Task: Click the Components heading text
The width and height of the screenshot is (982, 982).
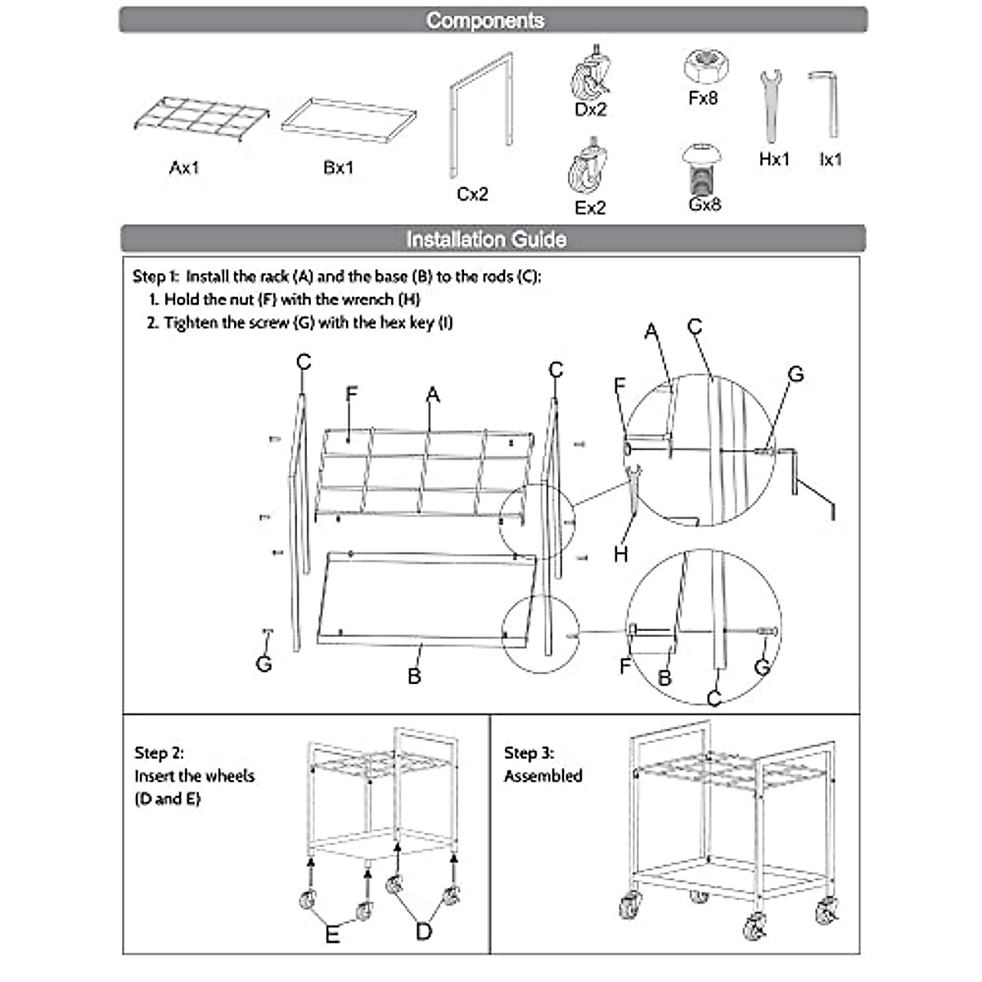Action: point(485,20)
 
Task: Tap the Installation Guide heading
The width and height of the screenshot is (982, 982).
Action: point(486,239)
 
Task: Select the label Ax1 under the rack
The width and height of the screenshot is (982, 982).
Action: point(184,168)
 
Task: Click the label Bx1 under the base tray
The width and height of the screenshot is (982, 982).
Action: point(339,168)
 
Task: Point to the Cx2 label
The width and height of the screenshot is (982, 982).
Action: point(472,194)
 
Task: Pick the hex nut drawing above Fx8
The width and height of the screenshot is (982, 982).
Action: point(702,66)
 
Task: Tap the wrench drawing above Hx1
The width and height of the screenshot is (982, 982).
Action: point(771,105)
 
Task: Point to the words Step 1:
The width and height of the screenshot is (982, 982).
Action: point(155,277)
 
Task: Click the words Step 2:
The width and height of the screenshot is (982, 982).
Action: point(159,753)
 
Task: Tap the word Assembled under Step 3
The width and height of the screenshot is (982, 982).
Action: point(543,776)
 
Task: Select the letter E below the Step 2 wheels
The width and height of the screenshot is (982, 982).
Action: point(332,935)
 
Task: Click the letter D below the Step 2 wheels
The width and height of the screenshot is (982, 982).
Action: point(424,931)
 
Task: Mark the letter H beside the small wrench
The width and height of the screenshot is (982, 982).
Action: point(621,554)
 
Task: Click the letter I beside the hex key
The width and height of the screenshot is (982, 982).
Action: point(833,512)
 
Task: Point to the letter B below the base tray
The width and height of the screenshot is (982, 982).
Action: point(414,676)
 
